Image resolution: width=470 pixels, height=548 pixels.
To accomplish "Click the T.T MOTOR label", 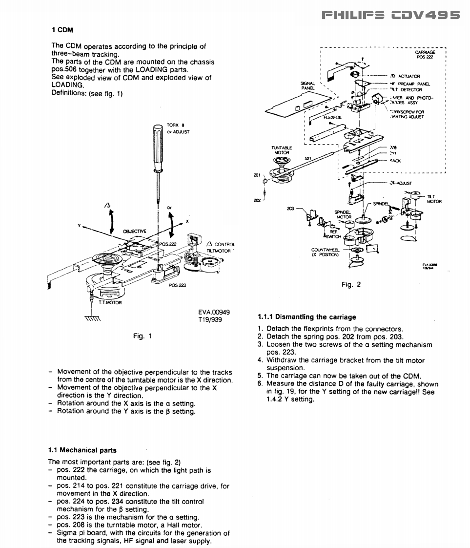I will coord(110,302).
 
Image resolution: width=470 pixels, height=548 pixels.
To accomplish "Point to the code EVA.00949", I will coord(214,313).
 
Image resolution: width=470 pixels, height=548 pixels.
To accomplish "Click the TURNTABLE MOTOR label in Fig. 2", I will coord(281,149).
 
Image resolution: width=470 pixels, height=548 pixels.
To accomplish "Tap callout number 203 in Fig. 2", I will coord(290,208).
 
